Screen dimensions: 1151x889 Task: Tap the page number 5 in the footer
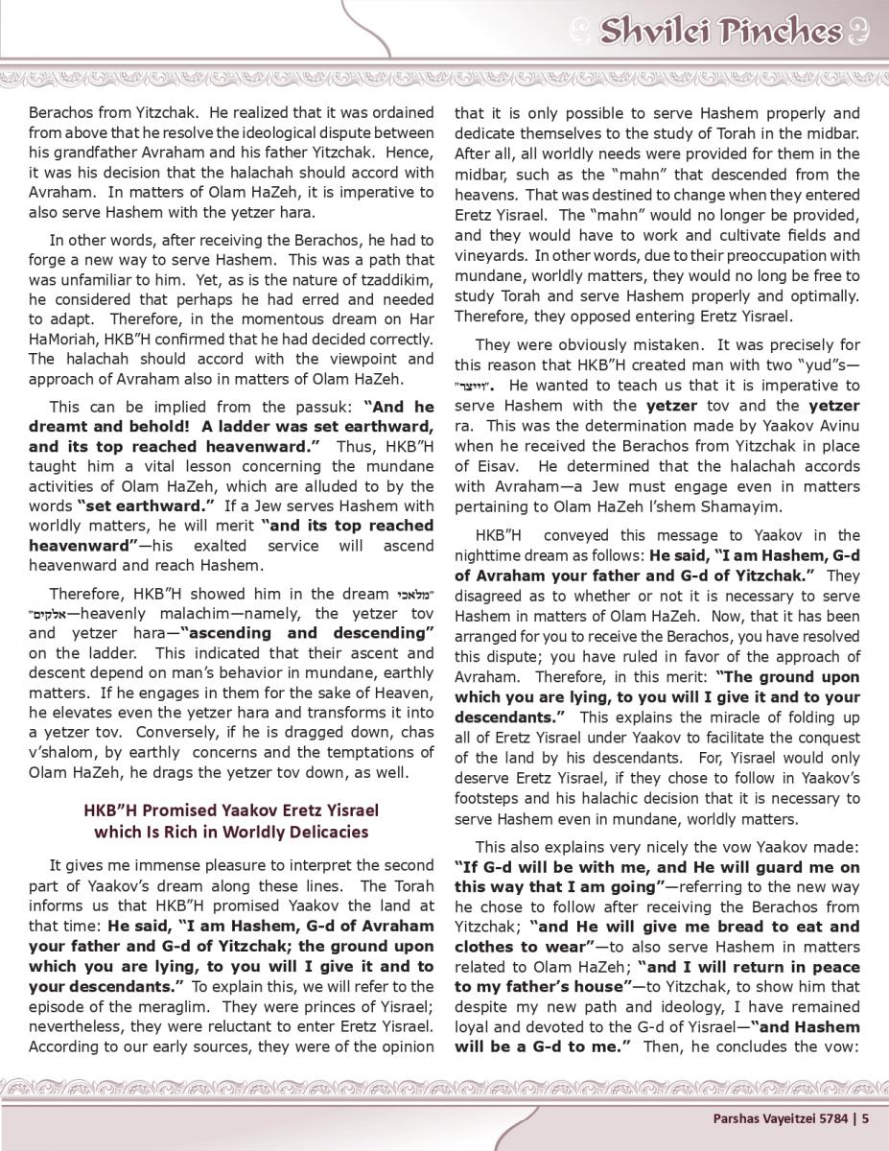coord(864,1116)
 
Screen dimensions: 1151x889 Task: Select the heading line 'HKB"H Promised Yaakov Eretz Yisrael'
coord(231,810)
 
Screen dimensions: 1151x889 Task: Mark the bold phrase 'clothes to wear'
coord(512,946)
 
